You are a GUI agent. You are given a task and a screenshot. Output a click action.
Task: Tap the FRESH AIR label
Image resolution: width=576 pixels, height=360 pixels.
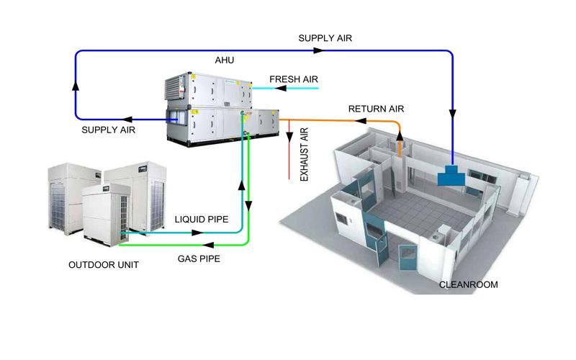click(294, 78)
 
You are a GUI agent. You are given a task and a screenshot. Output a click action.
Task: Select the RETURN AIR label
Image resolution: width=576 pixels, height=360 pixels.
click(376, 109)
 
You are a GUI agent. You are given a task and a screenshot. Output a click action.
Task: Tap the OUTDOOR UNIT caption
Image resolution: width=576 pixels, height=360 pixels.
click(104, 265)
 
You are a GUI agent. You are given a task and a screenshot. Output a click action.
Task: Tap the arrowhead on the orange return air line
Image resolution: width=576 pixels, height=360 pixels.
click(361, 122)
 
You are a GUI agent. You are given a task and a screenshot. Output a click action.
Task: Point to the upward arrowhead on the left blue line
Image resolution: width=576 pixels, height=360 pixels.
click(76, 84)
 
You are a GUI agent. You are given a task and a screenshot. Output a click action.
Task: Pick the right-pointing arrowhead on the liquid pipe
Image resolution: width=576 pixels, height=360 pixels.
click(195, 233)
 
